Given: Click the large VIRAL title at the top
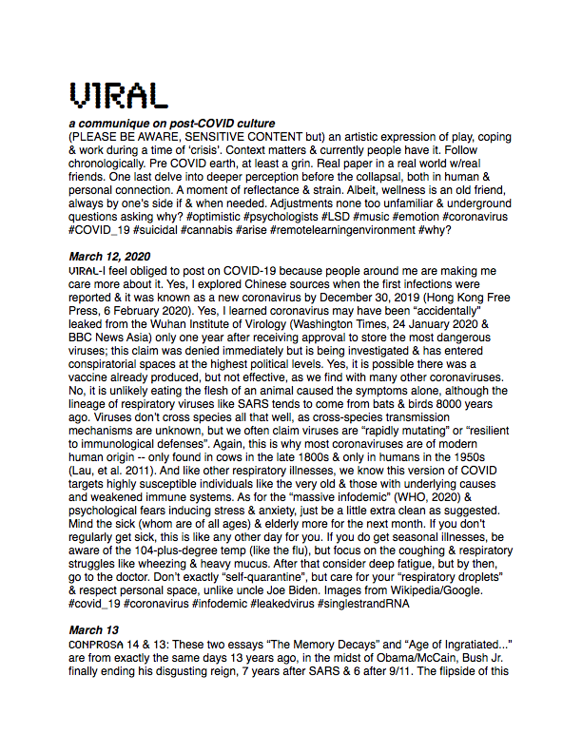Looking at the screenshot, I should (119, 94).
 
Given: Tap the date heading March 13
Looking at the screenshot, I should (91, 629).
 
